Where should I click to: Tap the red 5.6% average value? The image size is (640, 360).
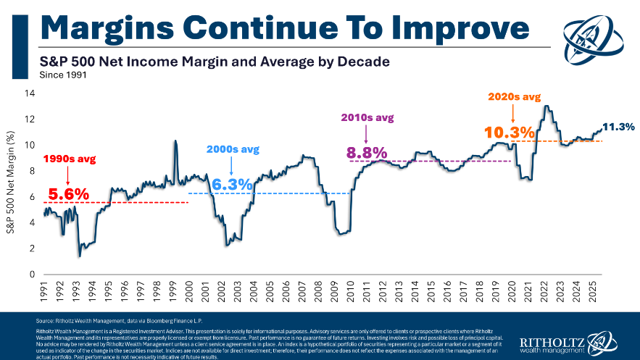(x=68, y=194)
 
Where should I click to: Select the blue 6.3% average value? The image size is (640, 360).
(x=232, y=185)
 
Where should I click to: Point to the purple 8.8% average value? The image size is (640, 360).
(x=367, y=153)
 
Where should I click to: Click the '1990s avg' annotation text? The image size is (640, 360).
(x=69, y=158)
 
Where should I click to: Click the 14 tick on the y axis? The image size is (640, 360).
(x=30, y=93)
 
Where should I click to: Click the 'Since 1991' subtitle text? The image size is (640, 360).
(x=59, y=74)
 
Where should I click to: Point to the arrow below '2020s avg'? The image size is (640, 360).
(x=513, y=114)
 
